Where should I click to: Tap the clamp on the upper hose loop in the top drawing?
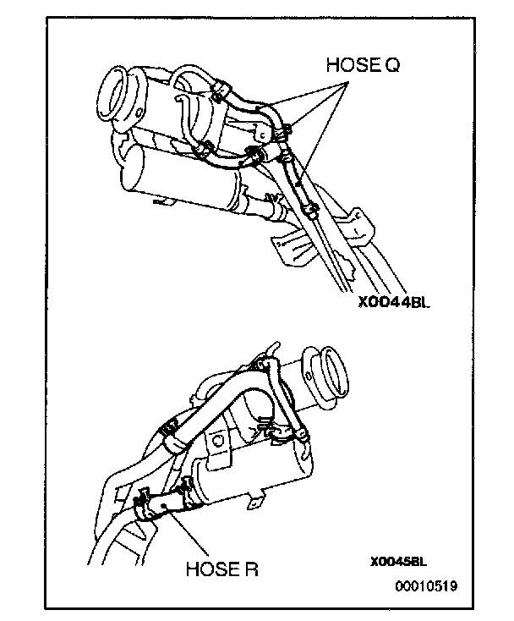point(219,89)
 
